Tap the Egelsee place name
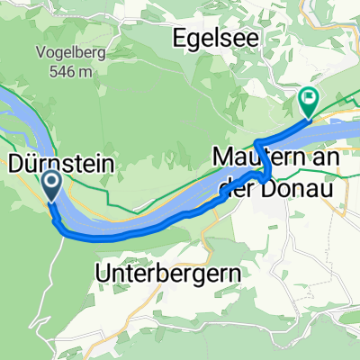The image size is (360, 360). pyautogui.click(x=211, y=39)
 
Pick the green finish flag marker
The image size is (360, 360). pyautogui.click(x=308, y=102)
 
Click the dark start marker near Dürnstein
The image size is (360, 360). pyautogui.click(x=50, y=186)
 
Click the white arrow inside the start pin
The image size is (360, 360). pyautogui.click(x=50, y=184)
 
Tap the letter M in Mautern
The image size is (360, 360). pyautogui.click(x=222, y=155)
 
